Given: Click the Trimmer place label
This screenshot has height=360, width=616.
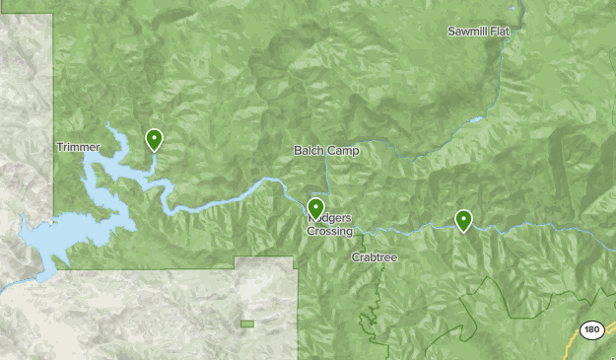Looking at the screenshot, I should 79,147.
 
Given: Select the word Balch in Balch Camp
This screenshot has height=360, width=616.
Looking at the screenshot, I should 308,151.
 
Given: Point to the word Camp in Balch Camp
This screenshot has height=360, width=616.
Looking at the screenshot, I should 343,151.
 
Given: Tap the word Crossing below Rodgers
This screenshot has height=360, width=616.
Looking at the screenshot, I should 329,232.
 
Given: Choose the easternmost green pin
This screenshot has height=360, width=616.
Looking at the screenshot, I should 462,221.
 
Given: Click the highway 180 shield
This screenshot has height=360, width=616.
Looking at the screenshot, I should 590,330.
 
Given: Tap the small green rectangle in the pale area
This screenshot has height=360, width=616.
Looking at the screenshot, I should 246,324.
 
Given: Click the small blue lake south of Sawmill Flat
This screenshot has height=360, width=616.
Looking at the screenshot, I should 477,120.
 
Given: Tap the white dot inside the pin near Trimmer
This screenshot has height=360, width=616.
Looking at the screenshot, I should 155,137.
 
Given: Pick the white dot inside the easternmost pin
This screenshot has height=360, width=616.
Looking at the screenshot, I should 462,217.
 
